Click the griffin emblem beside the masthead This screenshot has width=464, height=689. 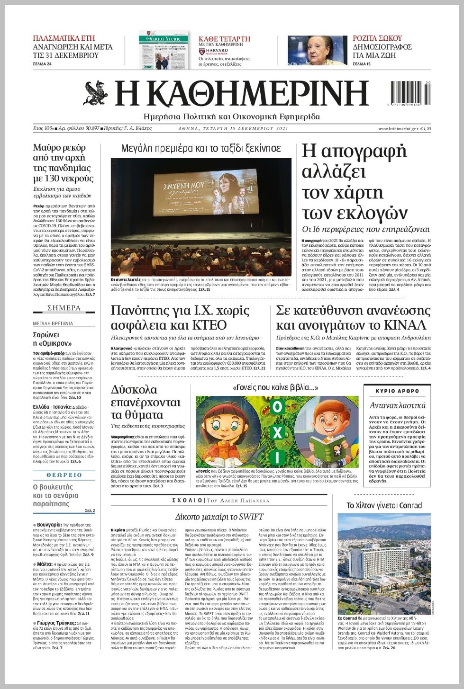tap(96, 93)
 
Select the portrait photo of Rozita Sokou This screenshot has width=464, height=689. tap(317, 50)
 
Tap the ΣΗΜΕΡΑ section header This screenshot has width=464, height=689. tap(64, 308)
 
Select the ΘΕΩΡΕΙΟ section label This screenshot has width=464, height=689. tap(64, 475)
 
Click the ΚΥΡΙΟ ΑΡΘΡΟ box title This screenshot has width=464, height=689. tap(397, 391)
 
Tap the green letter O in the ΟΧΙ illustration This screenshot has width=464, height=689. tap(277, 407)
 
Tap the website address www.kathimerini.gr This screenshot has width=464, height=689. tap(397, 129)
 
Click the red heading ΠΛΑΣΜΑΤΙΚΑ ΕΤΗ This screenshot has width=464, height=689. tap(64, 38)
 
